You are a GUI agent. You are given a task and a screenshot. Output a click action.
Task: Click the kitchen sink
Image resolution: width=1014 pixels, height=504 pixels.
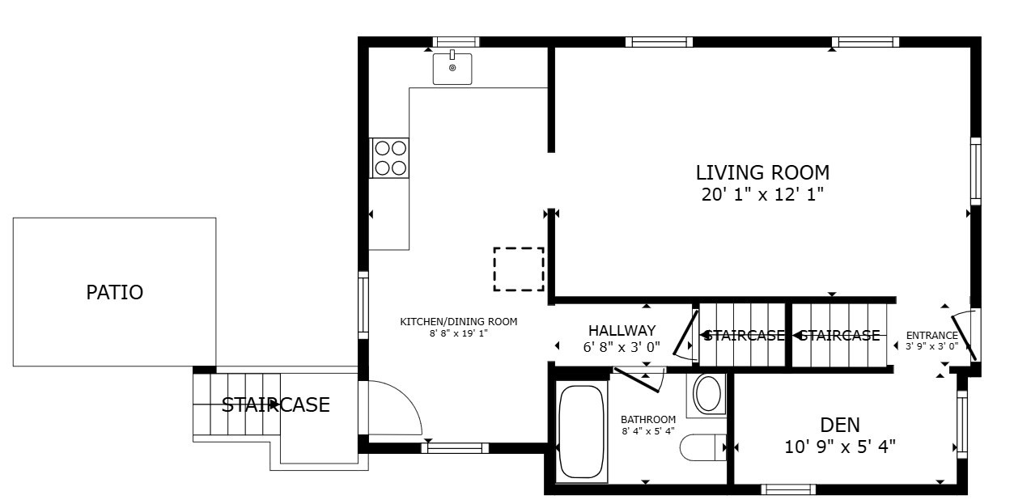tap(452, 69)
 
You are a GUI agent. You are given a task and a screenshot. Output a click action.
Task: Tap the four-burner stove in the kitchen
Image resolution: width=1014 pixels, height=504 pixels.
tap(389, 158)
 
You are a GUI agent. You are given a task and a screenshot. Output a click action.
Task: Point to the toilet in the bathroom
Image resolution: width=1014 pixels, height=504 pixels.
tap(701, 447)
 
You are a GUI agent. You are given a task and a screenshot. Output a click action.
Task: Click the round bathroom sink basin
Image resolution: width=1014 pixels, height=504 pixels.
tap(708, 394)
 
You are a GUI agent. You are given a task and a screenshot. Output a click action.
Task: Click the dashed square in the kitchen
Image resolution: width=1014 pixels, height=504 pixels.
tap(519, 269)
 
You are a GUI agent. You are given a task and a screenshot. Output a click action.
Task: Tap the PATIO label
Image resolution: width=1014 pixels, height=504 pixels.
tap(115, 292)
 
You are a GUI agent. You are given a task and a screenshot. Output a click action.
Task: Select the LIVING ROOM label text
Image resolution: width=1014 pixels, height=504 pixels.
tap(762, 172)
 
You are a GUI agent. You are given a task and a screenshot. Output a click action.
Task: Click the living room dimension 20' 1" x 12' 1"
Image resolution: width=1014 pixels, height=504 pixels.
tap(762, 194)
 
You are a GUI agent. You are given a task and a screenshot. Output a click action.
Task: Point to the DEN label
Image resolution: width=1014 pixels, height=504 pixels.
tap(839, 425)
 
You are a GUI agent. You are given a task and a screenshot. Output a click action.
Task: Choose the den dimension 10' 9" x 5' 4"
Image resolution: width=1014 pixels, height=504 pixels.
tap(839, 446)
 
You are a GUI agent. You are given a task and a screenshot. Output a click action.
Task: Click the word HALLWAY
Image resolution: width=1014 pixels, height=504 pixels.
tap(622, 330)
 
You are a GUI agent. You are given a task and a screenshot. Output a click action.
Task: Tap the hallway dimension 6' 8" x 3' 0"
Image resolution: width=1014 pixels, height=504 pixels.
tap(622, 346)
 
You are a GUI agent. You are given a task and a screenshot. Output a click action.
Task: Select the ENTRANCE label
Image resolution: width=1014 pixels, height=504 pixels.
tap(931, 335)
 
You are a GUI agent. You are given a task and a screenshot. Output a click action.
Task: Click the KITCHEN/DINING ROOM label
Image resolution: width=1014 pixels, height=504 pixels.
tap(458, 321)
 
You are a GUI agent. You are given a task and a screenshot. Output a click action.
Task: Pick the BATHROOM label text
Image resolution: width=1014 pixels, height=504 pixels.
tap(648, 419)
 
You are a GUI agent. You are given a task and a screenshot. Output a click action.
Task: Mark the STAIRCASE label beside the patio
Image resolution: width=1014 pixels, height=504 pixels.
tap(275, 404)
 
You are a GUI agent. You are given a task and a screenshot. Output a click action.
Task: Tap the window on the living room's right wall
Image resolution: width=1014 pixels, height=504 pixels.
tap(975, 172)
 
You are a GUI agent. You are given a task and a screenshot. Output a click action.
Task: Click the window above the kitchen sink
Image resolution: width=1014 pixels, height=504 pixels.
tap(456, 42)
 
